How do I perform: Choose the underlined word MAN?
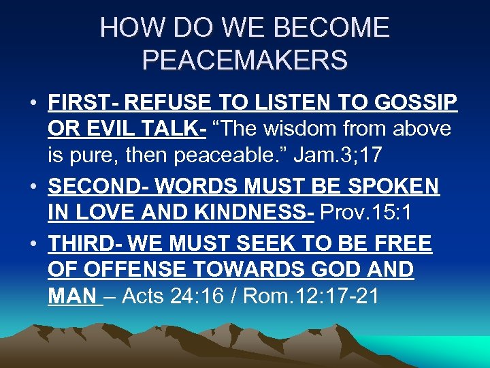tap(72, 298)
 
